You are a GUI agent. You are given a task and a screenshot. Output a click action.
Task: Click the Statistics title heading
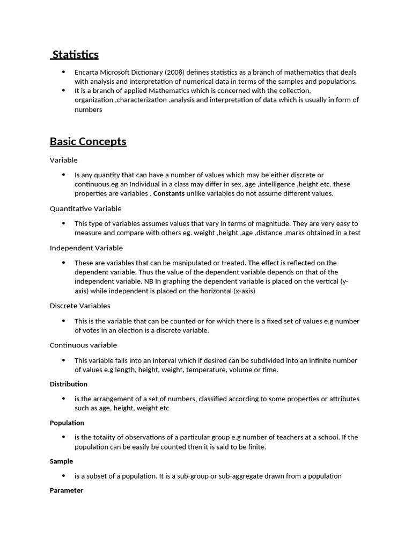76,54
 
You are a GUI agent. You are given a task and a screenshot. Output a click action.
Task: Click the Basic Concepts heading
88,142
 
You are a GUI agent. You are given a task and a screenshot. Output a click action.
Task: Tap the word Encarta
87,73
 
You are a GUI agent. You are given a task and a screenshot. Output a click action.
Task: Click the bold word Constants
169,193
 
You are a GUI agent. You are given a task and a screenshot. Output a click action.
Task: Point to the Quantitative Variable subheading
86,208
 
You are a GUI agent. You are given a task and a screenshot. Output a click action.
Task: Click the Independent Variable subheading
86,248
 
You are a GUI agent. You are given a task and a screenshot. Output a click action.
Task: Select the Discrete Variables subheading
80,306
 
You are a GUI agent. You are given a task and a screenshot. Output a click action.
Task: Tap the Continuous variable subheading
83,345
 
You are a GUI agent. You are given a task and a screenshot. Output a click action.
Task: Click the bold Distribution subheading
69,384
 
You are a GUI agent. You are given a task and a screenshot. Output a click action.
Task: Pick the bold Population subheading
67,423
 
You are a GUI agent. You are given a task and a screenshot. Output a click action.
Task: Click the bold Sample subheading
61,461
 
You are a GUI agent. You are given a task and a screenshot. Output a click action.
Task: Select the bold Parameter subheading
67,490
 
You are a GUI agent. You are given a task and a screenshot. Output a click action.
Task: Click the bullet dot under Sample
63,476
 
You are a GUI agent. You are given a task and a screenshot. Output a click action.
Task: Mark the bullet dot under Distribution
63,399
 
